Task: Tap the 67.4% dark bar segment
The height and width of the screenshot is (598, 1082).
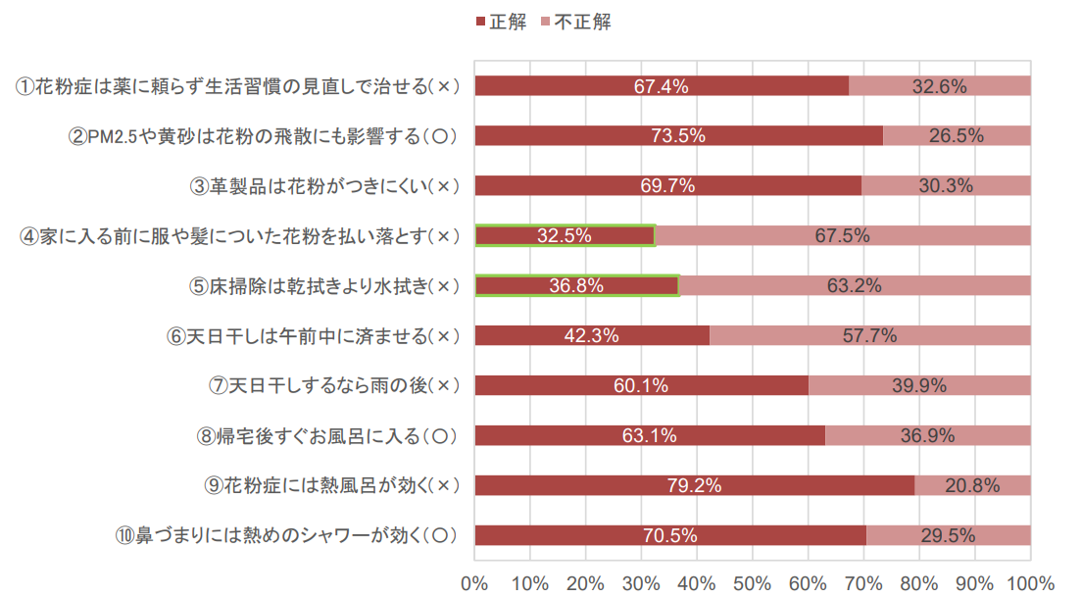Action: tap(662, 86)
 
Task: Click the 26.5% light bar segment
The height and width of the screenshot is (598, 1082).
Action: tap(957, 136)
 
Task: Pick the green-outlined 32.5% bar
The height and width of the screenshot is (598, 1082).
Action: tap(565, 235)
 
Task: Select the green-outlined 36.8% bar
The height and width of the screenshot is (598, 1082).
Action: tap(576, 285)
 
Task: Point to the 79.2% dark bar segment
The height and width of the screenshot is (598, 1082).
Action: tap(694, 485)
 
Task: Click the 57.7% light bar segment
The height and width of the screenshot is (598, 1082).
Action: tap(870, 335)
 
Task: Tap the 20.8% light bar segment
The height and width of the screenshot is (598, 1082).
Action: tap(972, 485)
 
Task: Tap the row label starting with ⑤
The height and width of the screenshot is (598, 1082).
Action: tap(324, 286)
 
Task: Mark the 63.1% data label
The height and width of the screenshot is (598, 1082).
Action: tap(649, 435)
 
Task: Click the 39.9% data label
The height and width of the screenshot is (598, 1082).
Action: tap(919, 385)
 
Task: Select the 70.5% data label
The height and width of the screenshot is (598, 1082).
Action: tap(669, 535)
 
